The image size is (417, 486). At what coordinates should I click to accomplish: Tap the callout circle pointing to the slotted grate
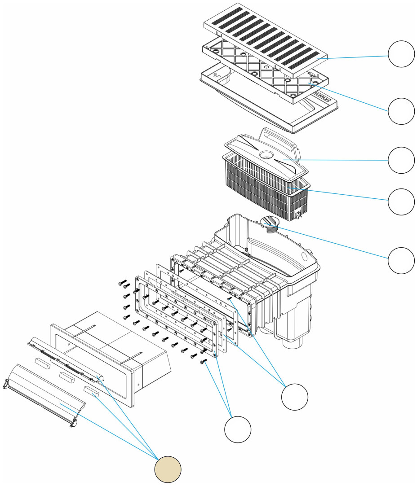[401, 54]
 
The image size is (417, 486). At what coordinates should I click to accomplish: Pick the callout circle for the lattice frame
[401, 111]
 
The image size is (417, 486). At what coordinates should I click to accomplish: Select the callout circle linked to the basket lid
[401, 160]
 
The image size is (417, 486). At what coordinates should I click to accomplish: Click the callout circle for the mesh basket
[401, 201]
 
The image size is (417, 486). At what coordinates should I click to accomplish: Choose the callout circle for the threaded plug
[401, 260]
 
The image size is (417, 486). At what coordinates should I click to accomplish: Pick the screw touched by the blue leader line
[204, 362]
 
